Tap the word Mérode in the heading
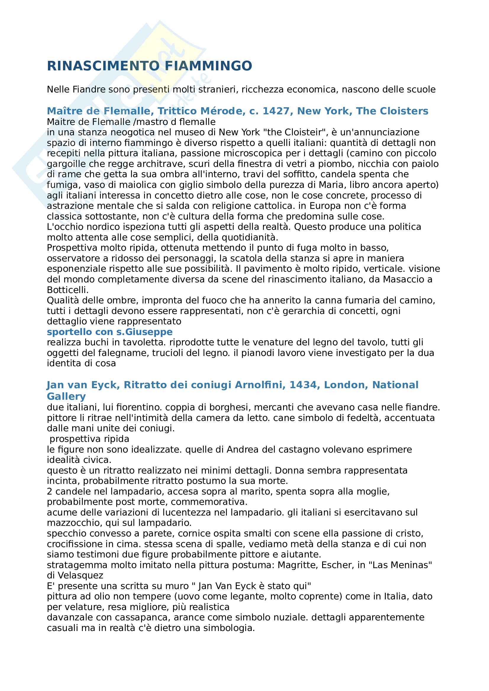[223, 111]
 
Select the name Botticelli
[67, 290]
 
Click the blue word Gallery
[66, 396]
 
